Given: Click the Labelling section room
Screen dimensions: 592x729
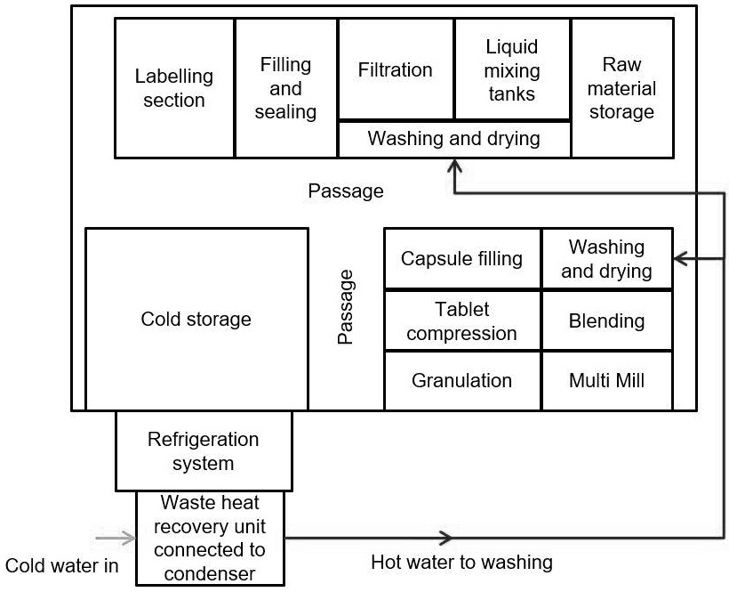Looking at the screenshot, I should pos(174,88).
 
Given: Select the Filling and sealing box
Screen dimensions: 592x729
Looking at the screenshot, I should pos(286,88).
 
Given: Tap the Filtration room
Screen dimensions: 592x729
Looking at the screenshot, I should pos(396,69).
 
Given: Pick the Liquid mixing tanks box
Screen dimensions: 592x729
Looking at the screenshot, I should pos(512,69).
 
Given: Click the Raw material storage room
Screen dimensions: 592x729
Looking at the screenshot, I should pos(629,88).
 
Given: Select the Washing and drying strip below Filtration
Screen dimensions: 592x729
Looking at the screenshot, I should pos(453,139).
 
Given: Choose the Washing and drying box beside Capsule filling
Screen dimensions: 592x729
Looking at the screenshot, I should pos(606,259).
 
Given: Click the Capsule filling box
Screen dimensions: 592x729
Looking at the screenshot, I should pos(462,259).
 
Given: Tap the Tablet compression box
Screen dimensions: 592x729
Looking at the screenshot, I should pos(462,320).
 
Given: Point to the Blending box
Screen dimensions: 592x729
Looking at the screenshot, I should pos(606,320).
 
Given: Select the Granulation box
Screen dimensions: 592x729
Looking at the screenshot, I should pos(462,380).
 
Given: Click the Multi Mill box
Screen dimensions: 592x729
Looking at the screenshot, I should pos(606,380).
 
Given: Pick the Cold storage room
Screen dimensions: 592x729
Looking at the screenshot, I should pos(196,319).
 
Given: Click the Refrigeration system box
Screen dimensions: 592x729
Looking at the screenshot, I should pos(204,451).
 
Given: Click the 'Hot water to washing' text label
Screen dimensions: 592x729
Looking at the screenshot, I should pos(461,562).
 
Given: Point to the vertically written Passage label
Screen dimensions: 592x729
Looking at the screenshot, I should pos(346,307).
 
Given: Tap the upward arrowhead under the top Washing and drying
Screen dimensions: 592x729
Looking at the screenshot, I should pos(454,166).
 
